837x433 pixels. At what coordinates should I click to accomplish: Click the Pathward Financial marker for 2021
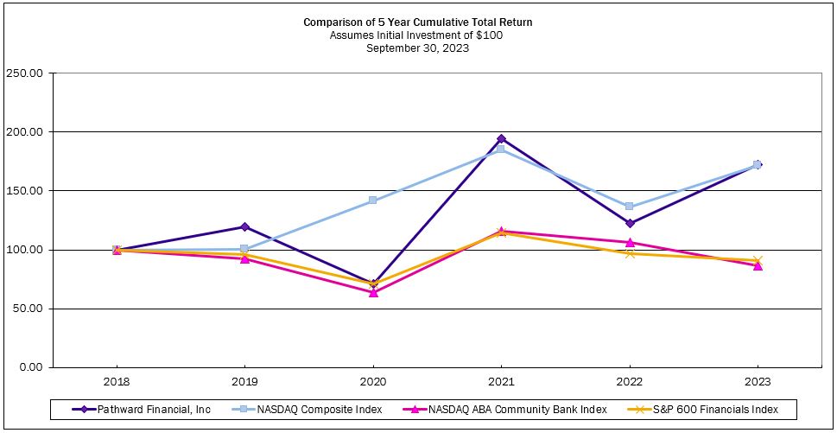point(501,139)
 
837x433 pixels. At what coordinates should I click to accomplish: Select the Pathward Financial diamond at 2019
point(244,227)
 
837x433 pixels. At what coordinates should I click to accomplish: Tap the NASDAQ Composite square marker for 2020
point(373,201)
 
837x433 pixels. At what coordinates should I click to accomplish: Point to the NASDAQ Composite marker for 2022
point(630,207)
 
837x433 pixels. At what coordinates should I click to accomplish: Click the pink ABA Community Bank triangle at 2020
point(373,292)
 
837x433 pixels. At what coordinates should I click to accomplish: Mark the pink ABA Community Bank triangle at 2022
point(630,243)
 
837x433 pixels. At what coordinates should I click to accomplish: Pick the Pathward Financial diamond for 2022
point(630,223)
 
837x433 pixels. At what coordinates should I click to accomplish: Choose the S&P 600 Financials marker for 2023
point(758,260)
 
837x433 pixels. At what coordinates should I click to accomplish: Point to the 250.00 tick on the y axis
point(24,73)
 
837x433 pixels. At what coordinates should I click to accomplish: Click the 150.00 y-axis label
point(24,191)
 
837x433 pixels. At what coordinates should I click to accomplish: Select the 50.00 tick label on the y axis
point(27,309)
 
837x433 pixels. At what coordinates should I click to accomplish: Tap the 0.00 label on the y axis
point(30,367)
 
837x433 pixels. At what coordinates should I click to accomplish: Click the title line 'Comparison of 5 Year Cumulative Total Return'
point(417,22)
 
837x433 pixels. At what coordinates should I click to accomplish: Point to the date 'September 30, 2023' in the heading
point(417,48)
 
